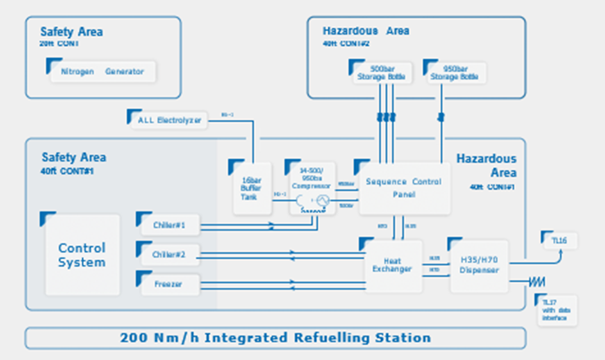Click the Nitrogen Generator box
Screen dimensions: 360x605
pos(102,71)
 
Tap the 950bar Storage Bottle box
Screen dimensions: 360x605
pos(454,72)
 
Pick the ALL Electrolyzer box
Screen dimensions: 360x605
pos(169,119)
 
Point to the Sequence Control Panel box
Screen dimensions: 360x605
pos(402,188)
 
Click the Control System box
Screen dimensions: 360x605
pos(82,254)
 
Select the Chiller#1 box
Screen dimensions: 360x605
pos(169,224)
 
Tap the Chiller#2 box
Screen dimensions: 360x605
pos(169,255)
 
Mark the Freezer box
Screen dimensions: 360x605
pos(169,285)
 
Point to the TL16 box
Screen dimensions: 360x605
pos(560,240)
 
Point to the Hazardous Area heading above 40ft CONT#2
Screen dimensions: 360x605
pos(366,31)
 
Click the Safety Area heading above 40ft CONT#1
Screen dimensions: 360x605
pos(74,157)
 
